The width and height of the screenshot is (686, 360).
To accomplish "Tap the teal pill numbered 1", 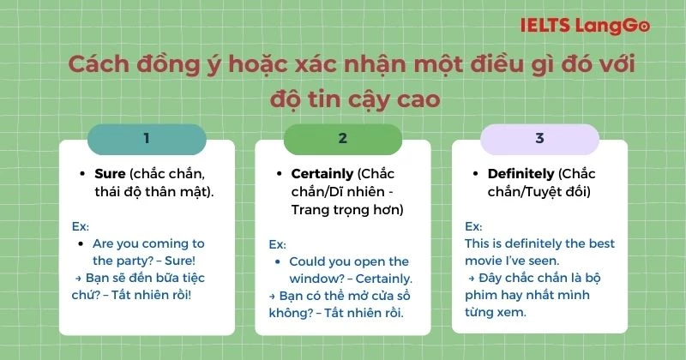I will pyautogui.click(x=147, y=139).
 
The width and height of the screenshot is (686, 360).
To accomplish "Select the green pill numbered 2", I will pyautogui.click(x=342, y=139).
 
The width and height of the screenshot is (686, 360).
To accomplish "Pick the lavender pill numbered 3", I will pyautogui.click(x=539, y=139).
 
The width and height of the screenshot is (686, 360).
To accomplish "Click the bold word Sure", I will pyautogui.click(x=110, y=173).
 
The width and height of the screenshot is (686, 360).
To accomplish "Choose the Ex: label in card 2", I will pyautogui.click(x=278, y=243).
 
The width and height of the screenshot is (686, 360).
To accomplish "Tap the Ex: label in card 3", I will pyautogui.click(x=473, y=226).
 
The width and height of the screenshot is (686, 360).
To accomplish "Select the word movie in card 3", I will pyautogui.click(x=485, y=261).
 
